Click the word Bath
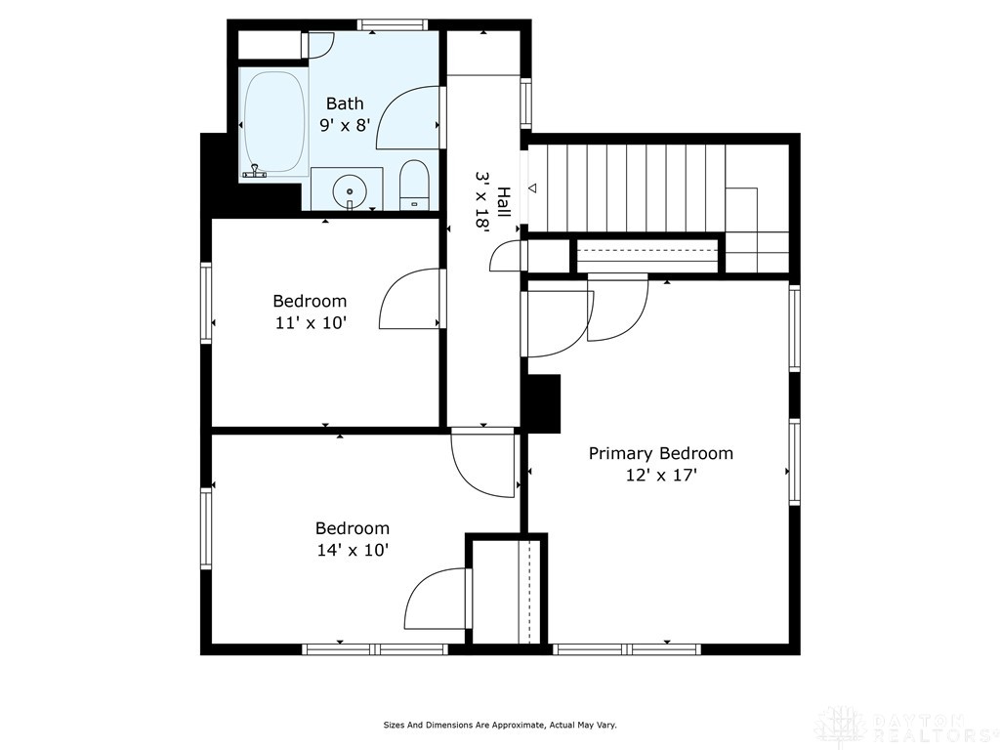pyautogui.click(x=344, y=104)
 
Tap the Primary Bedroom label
pyautogui.click(x=660, y=453)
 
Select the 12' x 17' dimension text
pyautogui.click(x=660, y=476)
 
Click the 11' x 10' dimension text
pyautogui.click(x=311, y=323)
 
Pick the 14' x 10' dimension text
pyautogui.click(x=352, y=550)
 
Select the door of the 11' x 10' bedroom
pyautogui.click(x=410, y=299)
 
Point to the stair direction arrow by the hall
pyautogui.click(x=532, y=187)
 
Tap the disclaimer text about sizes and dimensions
pyautogui.click(x=499, y=726)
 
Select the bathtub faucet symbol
pyautogui.click(x=256, y=173)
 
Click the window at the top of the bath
pyautogui.click(x=393, y=25)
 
